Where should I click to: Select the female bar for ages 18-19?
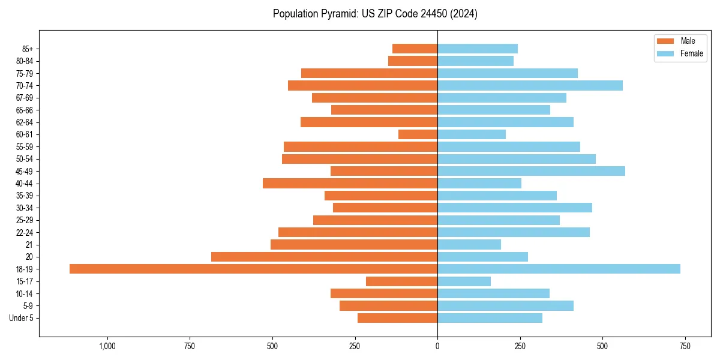click(x=559, y=269)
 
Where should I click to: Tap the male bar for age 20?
click(x=324, y=257)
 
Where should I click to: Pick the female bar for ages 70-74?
click(x=530, y=86)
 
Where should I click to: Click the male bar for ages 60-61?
click(x=418, y=134)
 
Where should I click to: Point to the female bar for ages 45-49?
click(x=531, y=171)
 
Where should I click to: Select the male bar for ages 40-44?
click(x=350, y=184)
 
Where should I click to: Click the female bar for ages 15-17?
click(x=464, y=281)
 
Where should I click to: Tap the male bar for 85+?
click(x=415, y=49)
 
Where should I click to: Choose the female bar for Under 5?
click(x=490, y=318)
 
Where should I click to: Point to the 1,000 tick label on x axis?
click(x=107, y=347)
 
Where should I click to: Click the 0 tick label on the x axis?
click(x=437, y=347)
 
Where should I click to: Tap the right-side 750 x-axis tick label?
click(x=685, y=347)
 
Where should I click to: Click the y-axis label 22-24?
click(x=25, y=233)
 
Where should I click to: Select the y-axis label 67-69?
click(x=25, y=98)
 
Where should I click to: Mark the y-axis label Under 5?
click(x=22, y=318)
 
